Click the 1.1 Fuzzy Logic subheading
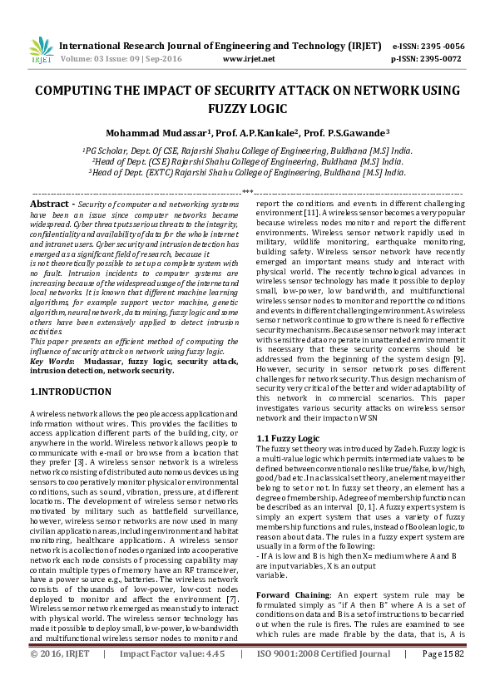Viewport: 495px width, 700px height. (288, 437)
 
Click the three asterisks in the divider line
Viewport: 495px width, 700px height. (246, 193)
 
